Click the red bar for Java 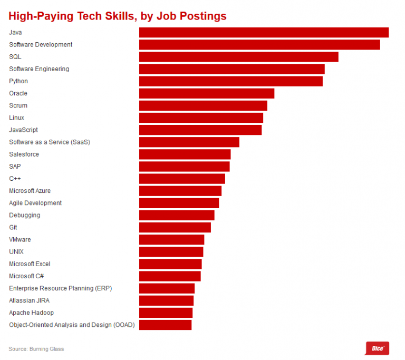[x=264, y=33]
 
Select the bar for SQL [x=238, y=57]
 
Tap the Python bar [x=230, y=81]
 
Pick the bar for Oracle [x=207, y=93]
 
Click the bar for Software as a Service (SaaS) [x=189, y=142]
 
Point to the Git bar [x=175, y=227]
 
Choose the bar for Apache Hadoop [x=166, y=313]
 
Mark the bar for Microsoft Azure [x=180, y=191]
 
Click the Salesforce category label [x=24, y=154]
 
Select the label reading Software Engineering [x=39, y=69]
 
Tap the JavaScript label [x=23, y=130]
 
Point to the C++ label [x=15, y=179]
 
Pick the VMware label [x=20, y=239]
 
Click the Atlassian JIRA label [x=30, y=300]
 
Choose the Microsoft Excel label [x=30, y=264]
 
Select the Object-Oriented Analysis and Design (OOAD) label [x=72, y=325]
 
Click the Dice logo [x=377, y=348]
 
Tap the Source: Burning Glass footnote [x=36, y=349]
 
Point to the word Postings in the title [x=203, y=16]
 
